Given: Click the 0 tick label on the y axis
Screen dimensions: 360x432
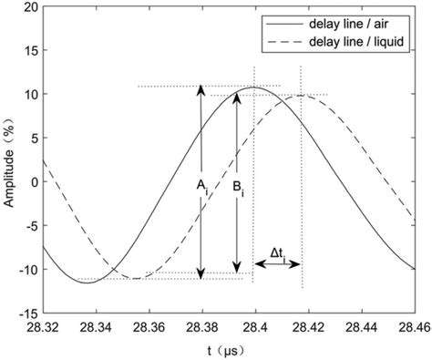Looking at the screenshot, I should (x=34, y=181).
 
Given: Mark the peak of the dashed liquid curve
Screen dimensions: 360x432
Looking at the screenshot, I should (x=303, y=95).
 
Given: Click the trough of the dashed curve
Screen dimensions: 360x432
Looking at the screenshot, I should (x=136, y=278).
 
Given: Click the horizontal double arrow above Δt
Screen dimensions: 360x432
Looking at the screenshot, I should (x=278, y=264).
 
